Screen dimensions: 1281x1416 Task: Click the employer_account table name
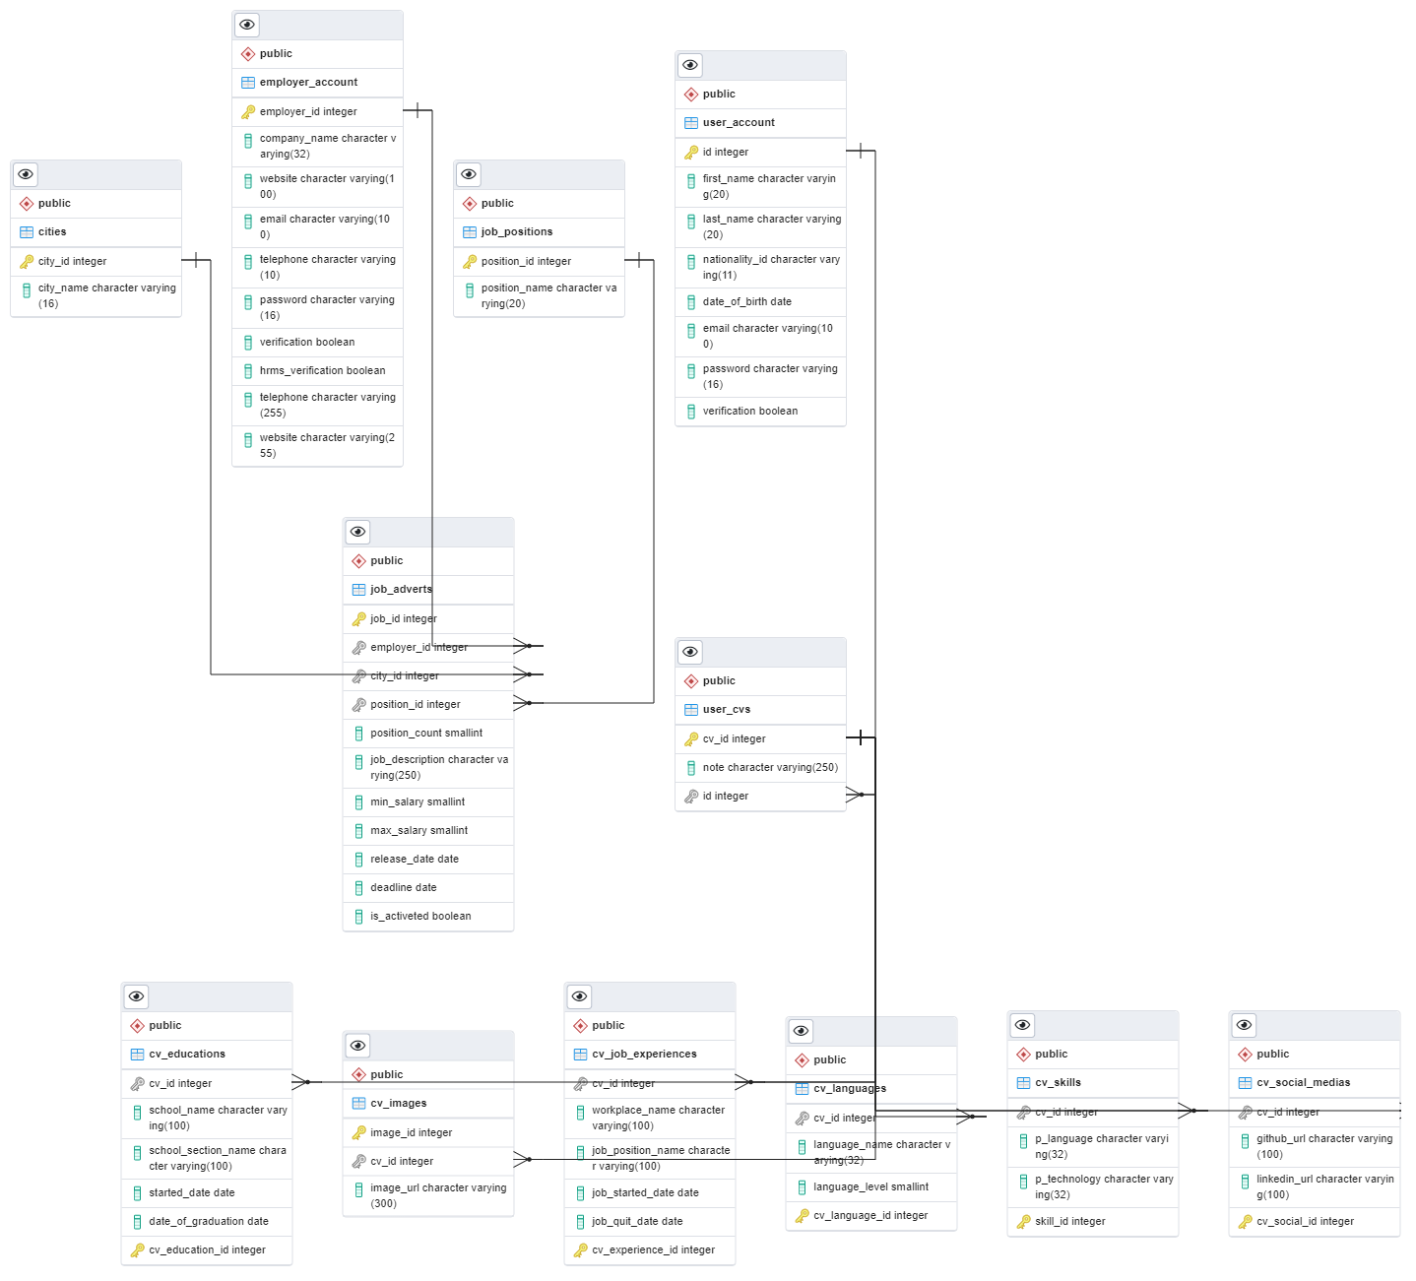(x=308, y=83)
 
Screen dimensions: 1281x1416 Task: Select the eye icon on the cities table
(x=26, y=175)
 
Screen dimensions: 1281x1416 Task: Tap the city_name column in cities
(x=106, y=295)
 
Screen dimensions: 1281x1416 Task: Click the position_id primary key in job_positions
(x=526, y=262)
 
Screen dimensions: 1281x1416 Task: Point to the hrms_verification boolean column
(x=322, y=371)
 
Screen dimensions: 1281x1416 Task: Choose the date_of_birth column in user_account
(x=746, y=302)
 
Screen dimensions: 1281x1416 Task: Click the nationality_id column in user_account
(x=770, y=267)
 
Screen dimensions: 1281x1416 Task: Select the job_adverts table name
(x=401, y=590)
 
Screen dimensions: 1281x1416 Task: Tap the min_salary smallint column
(x=418, y=802)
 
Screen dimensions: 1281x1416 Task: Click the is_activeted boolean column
(x=420, y=917)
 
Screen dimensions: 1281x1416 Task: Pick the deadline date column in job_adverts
(x=403, y=888)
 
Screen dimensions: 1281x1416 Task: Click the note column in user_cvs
(x=770, y=768)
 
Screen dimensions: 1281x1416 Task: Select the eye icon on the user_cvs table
(x=690, y=653)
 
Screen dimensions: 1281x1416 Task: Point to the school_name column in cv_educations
(x=218, y=1118)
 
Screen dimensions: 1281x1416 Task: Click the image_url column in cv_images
(x=437, y=1195)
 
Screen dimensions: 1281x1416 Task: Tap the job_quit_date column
(x=637, y=1222)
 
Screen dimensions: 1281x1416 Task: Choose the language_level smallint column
(x=870, y=1187)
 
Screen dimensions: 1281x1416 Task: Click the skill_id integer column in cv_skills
(x=1069, y=1222)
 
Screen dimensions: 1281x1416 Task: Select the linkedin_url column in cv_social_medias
(x=1323, y=1186)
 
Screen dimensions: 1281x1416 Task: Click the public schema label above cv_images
(x=386, y=1075)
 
